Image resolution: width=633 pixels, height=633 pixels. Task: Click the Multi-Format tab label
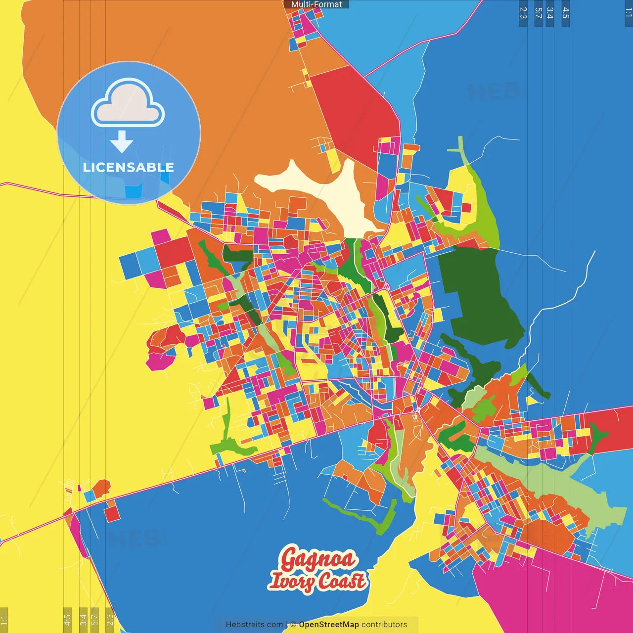316,4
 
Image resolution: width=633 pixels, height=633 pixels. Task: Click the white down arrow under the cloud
122,141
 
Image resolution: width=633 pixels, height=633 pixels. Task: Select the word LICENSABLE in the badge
129,167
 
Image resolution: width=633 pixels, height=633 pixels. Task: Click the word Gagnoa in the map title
318,559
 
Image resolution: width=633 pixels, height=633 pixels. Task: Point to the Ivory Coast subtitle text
318,581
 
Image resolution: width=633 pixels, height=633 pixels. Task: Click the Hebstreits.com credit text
254,625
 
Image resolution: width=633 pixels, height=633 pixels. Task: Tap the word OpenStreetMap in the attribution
329,625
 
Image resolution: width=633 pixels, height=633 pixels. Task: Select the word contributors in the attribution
384,625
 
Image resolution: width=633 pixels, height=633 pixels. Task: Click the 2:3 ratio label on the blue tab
523,13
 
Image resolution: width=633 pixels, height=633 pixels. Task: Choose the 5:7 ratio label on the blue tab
538,13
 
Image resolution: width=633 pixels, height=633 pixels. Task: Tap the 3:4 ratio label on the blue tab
549,13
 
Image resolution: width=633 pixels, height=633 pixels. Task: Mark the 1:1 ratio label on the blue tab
628,13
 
